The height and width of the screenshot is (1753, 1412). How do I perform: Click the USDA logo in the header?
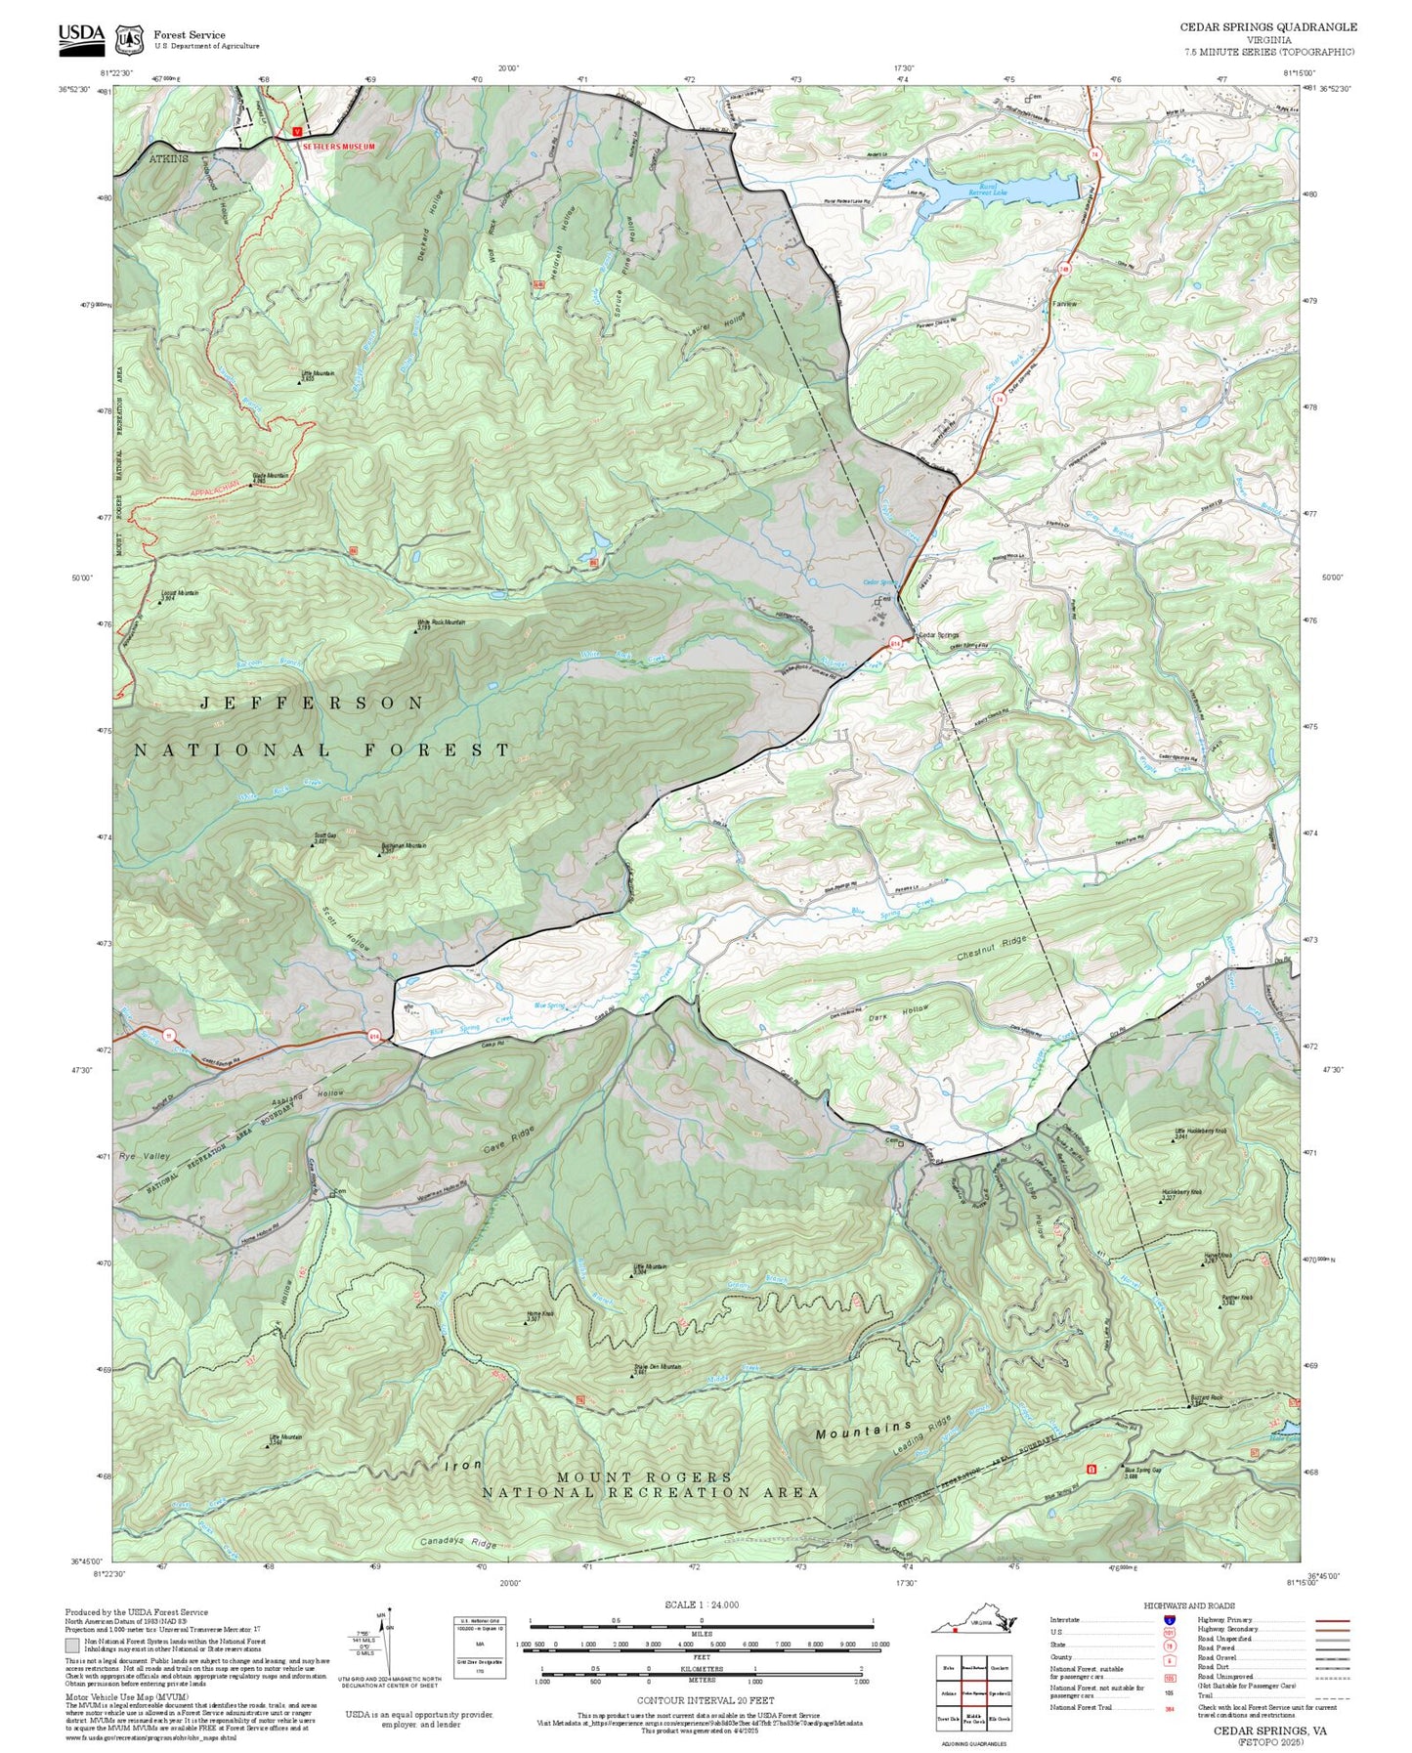[x=80, y=36]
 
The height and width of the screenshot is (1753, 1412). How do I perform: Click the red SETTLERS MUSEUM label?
[x=338, y=146]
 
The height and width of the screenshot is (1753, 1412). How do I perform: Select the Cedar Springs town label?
[x=939, y=635]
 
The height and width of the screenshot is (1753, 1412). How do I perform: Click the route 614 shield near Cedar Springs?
[x=894, y=643]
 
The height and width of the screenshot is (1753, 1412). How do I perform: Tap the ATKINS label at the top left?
[x=169, y=157]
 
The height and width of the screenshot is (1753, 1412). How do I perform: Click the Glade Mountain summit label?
[x=271, y=476]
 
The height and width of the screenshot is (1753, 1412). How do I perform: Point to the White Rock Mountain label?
[x=442, y=621]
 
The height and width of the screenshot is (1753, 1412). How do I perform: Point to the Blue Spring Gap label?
[x=1142, y=1470]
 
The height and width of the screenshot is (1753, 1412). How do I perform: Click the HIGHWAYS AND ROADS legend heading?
[x=1189, y=1605]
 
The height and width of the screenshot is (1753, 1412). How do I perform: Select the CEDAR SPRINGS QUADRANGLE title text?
[x=1268, y=27]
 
